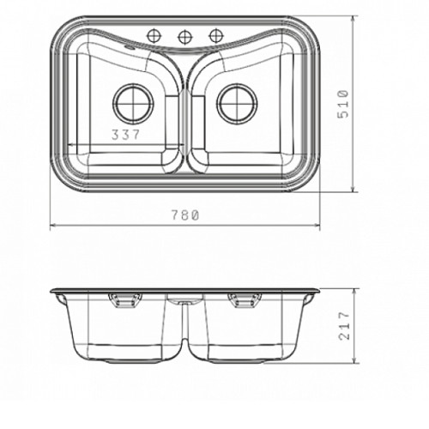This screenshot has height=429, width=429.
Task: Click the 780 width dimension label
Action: [x=184, y=215]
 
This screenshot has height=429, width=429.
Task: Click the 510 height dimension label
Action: [x=343, y=104]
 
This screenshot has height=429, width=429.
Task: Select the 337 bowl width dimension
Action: [x=125, y=135]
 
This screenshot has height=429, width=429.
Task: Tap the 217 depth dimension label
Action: [x=344, y=326]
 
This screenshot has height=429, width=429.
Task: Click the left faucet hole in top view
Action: [x=154, y=35]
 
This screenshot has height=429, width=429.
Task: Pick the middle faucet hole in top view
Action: [x=184, y=36]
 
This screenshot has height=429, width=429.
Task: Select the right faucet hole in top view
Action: [x=215, y=35]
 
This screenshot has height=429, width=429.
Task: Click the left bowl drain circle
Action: [x=134, y=103]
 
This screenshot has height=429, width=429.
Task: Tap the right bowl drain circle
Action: [x=237, y=103]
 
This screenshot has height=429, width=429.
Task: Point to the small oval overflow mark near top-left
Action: [x=129, y=47]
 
